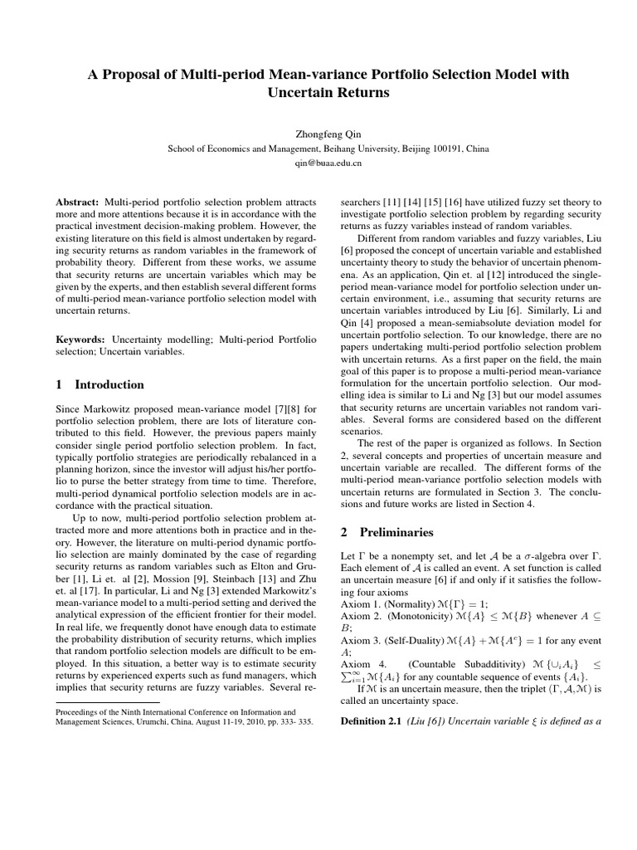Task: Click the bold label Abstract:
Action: (x=77, y=203)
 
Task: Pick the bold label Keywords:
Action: (x=80, y=340)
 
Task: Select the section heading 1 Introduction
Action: (x=100, y=385)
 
